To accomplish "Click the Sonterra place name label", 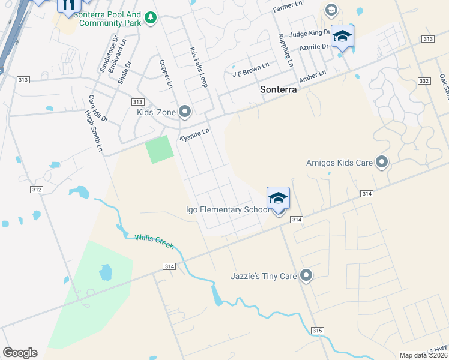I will point(279,89).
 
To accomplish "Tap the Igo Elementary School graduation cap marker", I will point(278,199).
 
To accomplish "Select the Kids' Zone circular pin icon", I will point(185,111).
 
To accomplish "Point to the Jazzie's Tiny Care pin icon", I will point(306,275).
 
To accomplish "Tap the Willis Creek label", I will point(154,241).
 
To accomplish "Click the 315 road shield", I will point(318,331).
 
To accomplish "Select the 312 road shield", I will point(36,190).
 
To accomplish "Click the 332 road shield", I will point(424,80).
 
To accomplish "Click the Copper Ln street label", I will point(165,74).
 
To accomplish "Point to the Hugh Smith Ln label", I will point(94,131).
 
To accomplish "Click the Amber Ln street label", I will point(312,77).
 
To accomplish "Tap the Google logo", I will point(20,353).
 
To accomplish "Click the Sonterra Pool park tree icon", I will point(150,19).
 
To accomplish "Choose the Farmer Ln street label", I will point(288,5).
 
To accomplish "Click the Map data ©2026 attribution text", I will point(423,355).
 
